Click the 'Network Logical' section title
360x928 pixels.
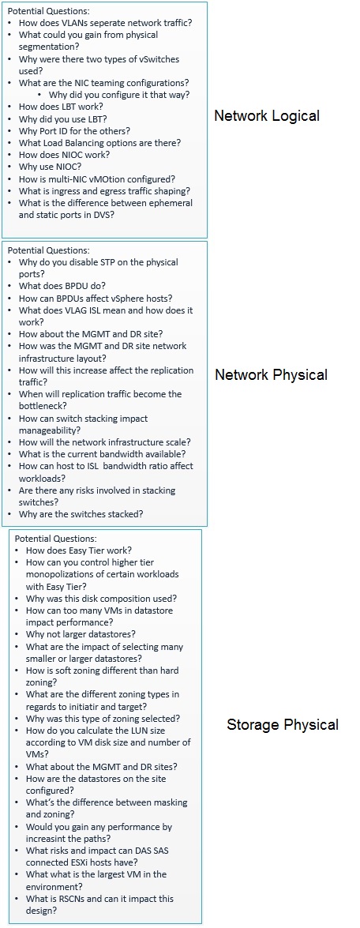(x=267, y=115)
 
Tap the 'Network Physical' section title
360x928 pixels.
(x=271, y=374)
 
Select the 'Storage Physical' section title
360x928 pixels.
(x=283, y=724)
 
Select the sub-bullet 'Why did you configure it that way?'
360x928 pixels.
(x=119, y=95)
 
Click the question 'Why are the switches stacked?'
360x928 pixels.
(x=81, y=514)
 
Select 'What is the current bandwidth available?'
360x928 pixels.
(x=103, y=454)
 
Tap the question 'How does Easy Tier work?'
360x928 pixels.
(x=80, y=550)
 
